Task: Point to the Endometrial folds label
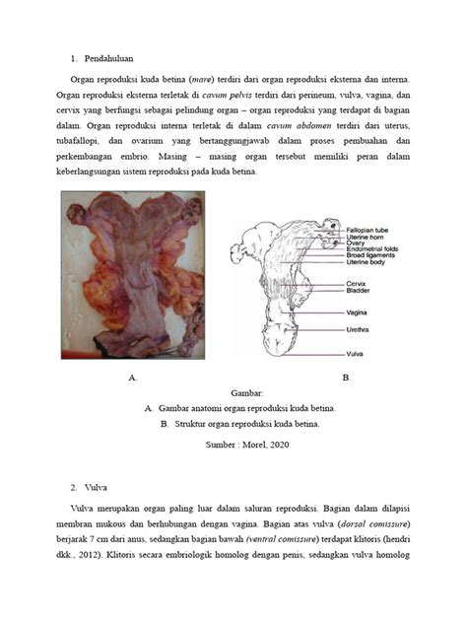370,251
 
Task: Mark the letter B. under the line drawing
346,378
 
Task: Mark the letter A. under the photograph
132,378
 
